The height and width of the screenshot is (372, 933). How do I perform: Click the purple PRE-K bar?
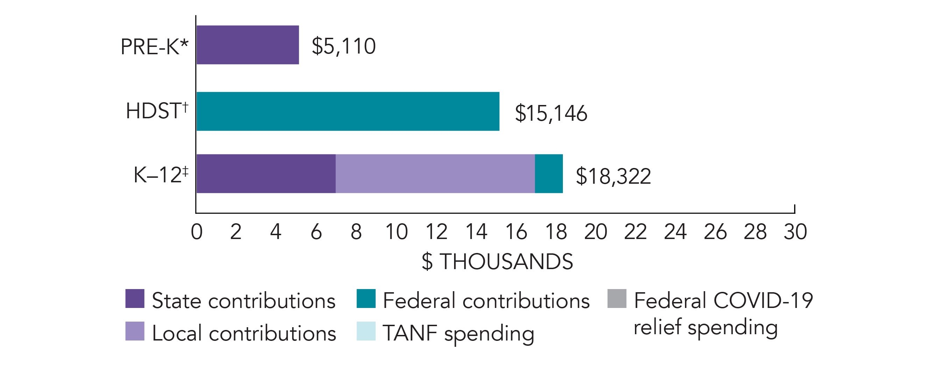pyautogui.click(x=248, y=45)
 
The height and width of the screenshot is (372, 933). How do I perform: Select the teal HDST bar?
pyautogui.click(x=348, y=111)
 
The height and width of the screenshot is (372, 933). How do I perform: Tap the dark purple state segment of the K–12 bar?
pyautogui.click(x=266, y=174)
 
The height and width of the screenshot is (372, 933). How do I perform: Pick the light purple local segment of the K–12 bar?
pyautogui.click(x=435, y=174)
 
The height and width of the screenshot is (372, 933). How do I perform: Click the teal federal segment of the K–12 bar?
pyautogui.click(x=549, y=174)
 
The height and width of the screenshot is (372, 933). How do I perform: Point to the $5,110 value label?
pyautogui.click(x=343, y=46)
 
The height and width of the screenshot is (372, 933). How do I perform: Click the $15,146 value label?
pyautogui.click(x=551, y=113)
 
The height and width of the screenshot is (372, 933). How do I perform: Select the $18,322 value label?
pyautogui.click(x=613, y=176)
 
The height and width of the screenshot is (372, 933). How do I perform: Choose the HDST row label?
pyautogui.click(x=157, y=111)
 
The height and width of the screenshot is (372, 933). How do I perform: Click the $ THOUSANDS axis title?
pyautogui.click(x=497, y=261)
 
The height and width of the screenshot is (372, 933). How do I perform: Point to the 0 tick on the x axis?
pyautogui.click(x=197, y=232)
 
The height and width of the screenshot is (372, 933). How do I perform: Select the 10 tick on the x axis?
pyautogui.click(x=396, y=232)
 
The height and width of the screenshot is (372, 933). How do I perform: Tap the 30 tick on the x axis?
pyautogui.click(x=795, y=232)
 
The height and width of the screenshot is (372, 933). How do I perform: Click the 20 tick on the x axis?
pyautogui.click(x=595, y=232)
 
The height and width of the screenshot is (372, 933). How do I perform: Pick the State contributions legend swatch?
pyautogui.click(x=135, y=299)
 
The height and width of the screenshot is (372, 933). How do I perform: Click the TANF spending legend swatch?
pyautogui.click(x=366, y=331)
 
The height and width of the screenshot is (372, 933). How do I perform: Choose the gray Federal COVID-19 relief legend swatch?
pyautogui.click(x=617, y=299)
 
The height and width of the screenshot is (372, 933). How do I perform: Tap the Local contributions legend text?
pyautogui.click(x=244, y=333)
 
